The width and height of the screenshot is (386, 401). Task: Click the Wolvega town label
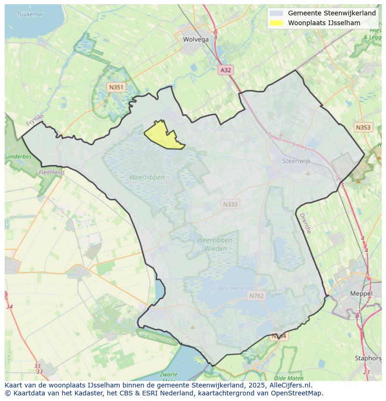[x=196, y=40]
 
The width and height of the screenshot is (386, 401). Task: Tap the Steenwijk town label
[x=296, y=161]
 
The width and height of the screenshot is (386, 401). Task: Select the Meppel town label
[x=361, y=294]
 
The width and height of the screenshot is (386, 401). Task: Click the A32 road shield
[x=226, y=70]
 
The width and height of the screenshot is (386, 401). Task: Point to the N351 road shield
[x=116, y=87]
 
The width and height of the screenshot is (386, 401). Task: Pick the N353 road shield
[x=363, y=128]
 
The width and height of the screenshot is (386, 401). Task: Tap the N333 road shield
[x=230, y=204]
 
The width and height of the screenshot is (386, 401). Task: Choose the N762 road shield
[x=256, y=296]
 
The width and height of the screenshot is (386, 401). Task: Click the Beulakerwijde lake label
[x=236, y=288]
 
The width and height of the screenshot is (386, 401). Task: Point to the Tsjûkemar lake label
[x=30, y=14]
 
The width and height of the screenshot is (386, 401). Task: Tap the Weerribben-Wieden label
[x=215, y=244]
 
